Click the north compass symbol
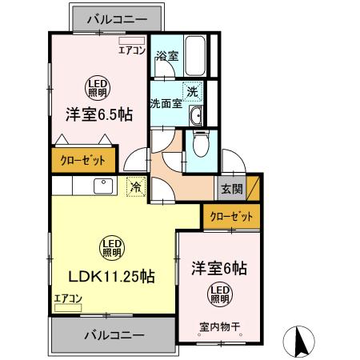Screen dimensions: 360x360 tap(298, 342)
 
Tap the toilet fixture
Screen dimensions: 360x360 tap(202, 143)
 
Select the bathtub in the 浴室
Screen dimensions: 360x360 tap(195, 56)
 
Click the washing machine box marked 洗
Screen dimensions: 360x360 tap(192, 92)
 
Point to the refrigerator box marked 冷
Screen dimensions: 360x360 tap(136, 186)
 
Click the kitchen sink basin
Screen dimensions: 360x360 tap(103, 186)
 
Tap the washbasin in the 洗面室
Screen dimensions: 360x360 tap(196, 115)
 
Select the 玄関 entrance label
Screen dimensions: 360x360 tap(232, 189)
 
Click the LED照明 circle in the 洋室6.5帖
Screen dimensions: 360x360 tap(98, 89)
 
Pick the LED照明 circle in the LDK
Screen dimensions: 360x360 tap(112, 248)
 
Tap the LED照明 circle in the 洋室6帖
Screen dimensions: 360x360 tap(220, 294)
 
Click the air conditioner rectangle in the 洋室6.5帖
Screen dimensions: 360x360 tap(132, 41)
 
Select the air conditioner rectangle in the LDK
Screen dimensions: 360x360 tap(68, 308)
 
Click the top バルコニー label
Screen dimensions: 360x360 tap(117, 19)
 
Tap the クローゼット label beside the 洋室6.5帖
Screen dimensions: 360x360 tap(83, 161)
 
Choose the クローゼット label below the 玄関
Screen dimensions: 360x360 tap(231, 216)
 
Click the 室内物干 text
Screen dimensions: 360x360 tap(220, 326)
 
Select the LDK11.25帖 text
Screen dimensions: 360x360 tap(112, 277)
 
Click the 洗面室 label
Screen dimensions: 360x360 tap(166, 103)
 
